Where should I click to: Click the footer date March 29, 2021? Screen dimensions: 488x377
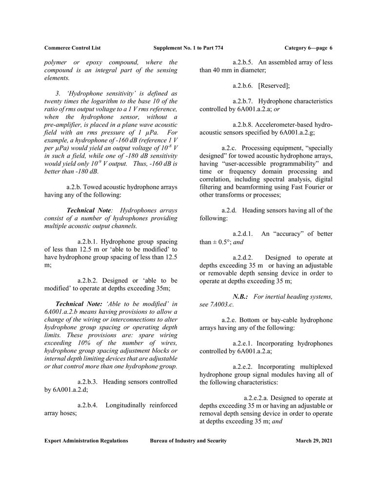pos(314,441)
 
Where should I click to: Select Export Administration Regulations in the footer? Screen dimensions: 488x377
pos(86,441)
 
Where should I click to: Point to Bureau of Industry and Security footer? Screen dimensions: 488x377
pos(188,441)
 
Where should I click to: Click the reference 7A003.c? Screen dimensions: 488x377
pos(221,305)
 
